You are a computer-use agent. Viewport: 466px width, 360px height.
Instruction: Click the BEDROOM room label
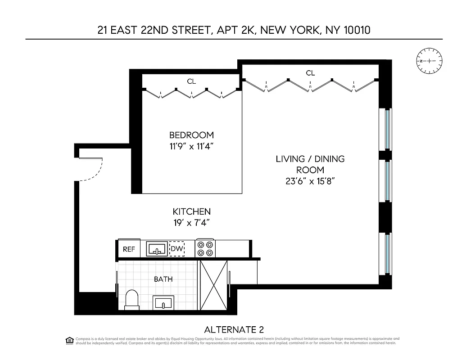[x=191, y=135]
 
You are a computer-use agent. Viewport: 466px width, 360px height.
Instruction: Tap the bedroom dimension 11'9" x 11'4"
[x=191, y=146]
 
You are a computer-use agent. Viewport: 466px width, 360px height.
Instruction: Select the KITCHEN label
[x=192, y=211]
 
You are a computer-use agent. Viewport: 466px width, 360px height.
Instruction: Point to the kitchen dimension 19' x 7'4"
[x=192, y=222]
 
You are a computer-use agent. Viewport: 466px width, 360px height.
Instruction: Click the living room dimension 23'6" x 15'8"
[x=310, y=181]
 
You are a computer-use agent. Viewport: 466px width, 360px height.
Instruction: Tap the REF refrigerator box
[x=129, y=249]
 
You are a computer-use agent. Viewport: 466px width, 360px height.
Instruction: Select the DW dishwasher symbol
[x=176, y=249]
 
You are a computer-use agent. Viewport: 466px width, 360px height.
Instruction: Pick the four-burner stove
[x=205, y=249]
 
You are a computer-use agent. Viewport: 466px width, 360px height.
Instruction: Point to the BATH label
[x=163, y=279]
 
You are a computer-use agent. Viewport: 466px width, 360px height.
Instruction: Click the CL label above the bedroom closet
[x=192, y=81]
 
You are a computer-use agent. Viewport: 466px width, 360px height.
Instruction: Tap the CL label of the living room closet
[x=310, y=72]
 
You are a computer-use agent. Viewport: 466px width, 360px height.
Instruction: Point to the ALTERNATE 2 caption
[x=237, y=329]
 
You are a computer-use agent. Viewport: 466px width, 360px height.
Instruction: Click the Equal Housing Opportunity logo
[x=69, y=340]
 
